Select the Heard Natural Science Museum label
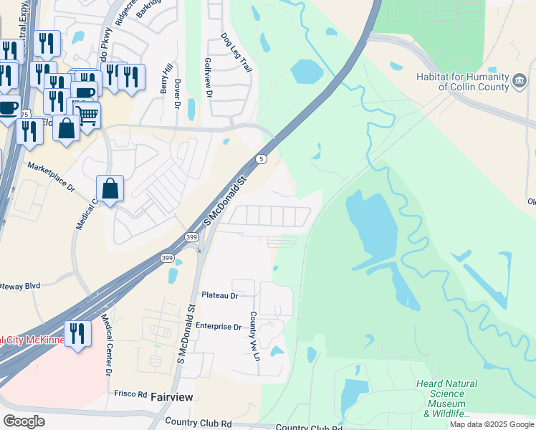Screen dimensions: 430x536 (447, 398)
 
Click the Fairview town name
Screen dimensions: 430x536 (172, 396)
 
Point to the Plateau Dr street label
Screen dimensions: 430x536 (219, 295)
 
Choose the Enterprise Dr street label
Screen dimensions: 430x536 (221, 327)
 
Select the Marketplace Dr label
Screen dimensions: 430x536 (51, 176)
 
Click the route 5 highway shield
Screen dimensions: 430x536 (263, 158)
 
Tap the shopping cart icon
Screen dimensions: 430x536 (87, 114)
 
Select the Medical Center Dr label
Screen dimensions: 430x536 (105, 348)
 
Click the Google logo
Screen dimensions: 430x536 (24, 421)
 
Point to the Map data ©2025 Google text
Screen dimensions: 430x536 (491, 424)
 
